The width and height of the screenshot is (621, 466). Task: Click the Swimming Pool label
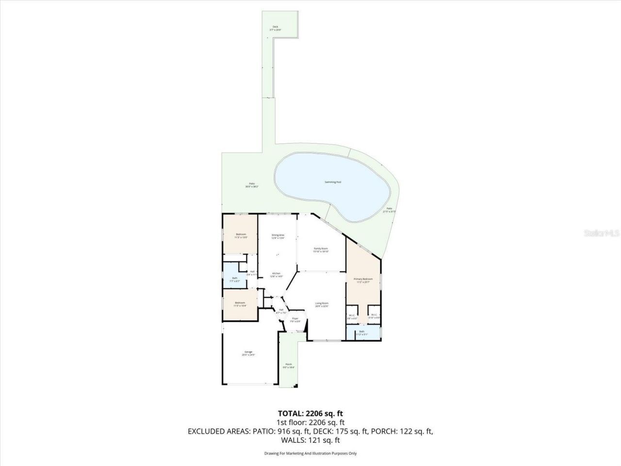[333, 182]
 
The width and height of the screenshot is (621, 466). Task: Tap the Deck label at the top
[275, 28]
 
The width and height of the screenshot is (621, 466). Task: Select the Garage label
[248, 353]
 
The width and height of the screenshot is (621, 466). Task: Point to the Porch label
[289, 366]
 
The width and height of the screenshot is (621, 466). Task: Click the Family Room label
[321, 250]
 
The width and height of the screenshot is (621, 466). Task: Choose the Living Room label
[322, 304]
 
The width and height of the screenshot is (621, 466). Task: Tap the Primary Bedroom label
[363, 280]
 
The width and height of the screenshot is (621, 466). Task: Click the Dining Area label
[278, 236]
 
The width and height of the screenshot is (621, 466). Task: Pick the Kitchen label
[276, 275]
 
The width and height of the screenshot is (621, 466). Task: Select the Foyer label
[295, 320]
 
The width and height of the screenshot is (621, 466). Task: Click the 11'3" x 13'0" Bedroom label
[241, 235]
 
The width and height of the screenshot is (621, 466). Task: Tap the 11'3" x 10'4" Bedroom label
[240, 304]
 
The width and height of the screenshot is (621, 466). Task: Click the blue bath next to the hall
[235, 279]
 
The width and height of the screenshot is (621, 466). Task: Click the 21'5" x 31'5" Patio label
[389, 210]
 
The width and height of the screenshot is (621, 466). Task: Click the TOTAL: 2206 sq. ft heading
[310, 414]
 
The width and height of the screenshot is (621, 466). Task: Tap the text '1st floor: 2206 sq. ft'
[310, 422]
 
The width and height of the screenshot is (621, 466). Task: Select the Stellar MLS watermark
[601, 233]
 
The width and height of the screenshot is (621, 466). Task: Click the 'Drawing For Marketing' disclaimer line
[310, 453]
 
